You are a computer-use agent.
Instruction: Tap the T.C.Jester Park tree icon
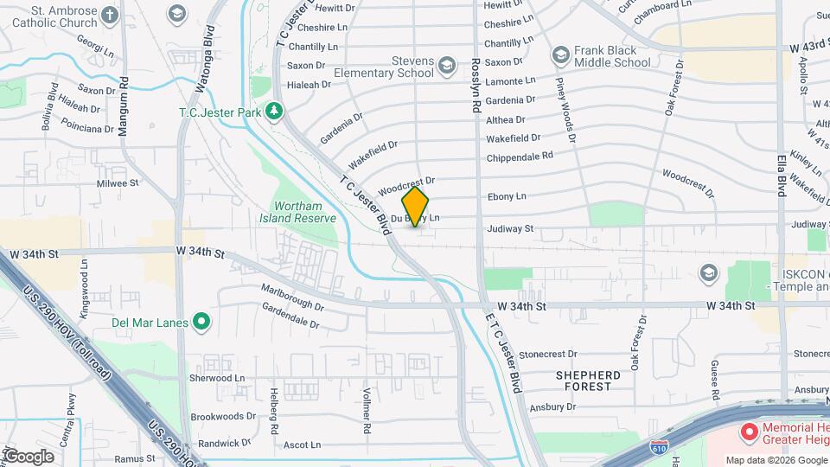(x=274, y=111)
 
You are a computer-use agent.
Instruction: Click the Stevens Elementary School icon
(x=447, y=67)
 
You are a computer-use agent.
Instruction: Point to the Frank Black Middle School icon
(x=560, y=56)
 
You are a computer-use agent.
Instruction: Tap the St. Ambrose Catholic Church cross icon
(x=109, y=15)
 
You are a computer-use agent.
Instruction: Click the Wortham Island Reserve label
(x=304, y=212)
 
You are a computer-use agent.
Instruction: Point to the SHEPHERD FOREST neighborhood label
(x=588, y=381)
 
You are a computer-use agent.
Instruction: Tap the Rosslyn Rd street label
(x=476, y=86)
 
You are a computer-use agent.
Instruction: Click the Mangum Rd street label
(x=124, y=86)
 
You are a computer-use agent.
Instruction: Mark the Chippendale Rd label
(x=520, y=157)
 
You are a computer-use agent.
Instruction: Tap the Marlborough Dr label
(x=292, y=298)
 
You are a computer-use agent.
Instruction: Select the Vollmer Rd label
(x=367, y=411)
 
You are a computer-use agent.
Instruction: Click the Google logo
(x=28, y=457)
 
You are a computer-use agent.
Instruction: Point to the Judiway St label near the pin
(x=510, y=229)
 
